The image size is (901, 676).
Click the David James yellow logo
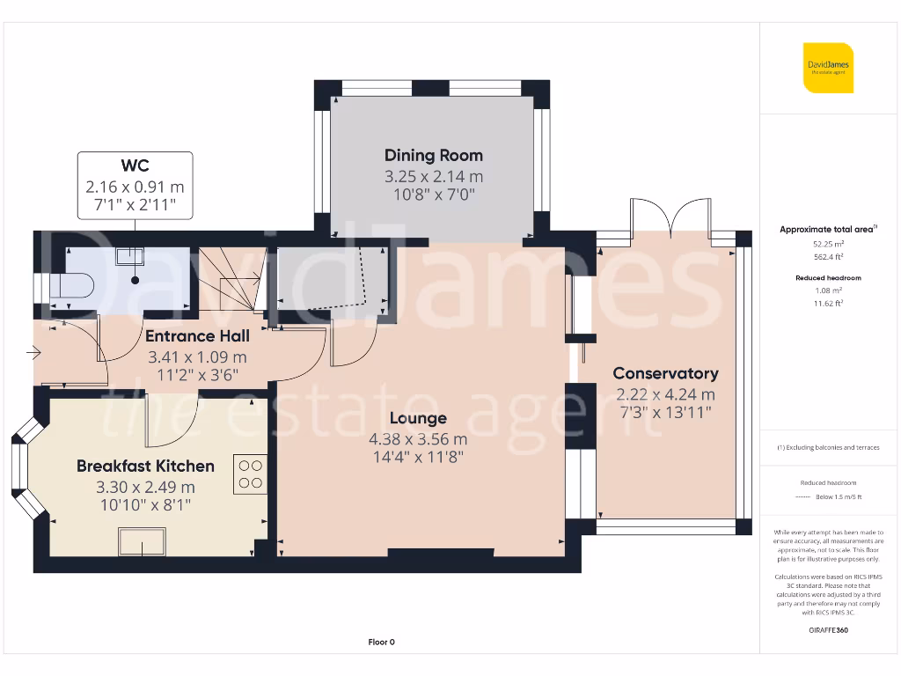[x=827, y=67]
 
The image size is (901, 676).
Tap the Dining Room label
[x=433, y=156]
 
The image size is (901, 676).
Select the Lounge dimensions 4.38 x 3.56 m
[x=418, y=438]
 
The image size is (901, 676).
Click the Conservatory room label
[x=665, y=373]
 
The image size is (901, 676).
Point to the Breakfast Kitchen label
[x=145, y=466]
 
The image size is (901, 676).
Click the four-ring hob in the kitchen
[x=249, y=474]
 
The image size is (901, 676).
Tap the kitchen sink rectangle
[x=142, y=540]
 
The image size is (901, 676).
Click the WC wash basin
[x=130, y=256]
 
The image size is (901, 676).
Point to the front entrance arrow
[x=34, y=355]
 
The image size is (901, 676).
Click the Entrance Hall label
[x=197, y=335]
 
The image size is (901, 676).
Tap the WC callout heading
[x=135, y=165]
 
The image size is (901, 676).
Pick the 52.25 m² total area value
[x=827, y=244]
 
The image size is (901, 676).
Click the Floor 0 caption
[x=381, y=642]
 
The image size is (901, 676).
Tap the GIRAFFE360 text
[x=827, y=630]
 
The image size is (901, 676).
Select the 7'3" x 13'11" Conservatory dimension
[x=665, y=412]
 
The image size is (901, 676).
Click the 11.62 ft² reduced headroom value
[x=827, y=303]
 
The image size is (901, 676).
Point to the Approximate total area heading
[x=827, y=229]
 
